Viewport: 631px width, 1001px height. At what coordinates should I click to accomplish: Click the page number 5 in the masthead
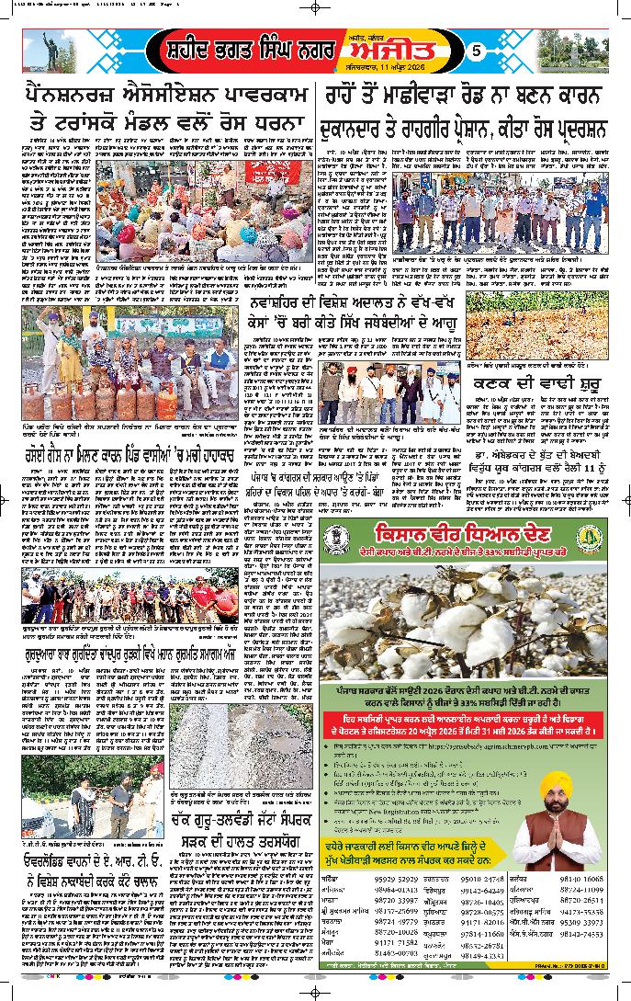tap(477, 52)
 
